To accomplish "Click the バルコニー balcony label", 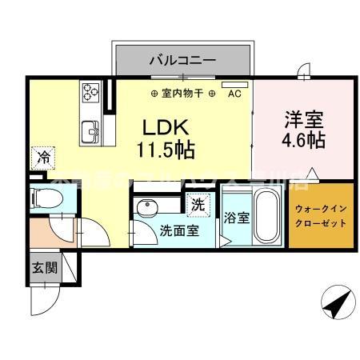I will [182, 59].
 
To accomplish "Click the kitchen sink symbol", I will [90, 126].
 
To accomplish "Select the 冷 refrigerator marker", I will [43, 157].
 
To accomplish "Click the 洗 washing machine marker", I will [197, 203].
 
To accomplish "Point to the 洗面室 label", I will [176, 234].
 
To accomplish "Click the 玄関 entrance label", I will [45, 267].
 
